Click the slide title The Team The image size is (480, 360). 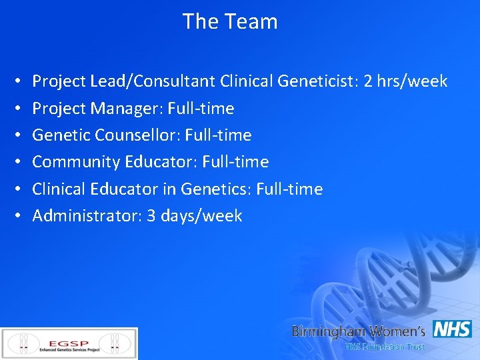[230, 21]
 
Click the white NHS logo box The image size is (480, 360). [452, 329]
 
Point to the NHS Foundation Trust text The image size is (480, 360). [384, 347]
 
